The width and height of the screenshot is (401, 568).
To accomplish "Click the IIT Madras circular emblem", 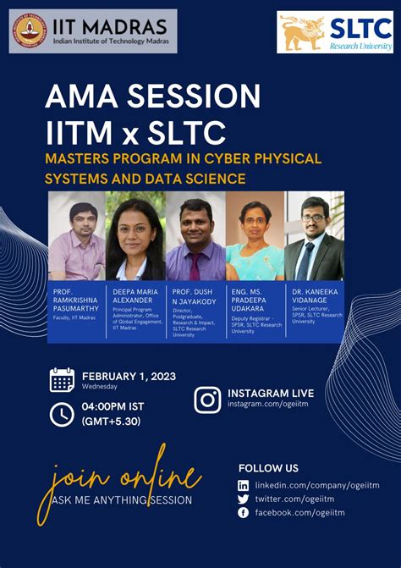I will (x=28, y=31).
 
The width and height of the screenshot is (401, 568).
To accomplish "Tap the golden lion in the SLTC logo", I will (x=302, y=31).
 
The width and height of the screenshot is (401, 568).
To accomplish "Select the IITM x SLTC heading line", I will (x=135, y=132).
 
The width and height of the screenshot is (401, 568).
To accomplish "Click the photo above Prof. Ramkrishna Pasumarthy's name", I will (x=77, y=235).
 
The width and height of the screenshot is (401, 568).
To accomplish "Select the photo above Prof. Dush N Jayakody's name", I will (x=195, y=235).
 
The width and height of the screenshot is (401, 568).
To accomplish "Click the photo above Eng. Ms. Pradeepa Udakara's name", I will (x=255, y=235).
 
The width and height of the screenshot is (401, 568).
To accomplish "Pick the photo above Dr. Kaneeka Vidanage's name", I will (x=313, y=235).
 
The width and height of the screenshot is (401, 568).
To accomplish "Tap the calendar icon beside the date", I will (x=63, y=379).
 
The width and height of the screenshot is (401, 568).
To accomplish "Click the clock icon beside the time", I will (x=63, y=414).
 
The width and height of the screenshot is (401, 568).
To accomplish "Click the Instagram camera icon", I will (x=207, y=400).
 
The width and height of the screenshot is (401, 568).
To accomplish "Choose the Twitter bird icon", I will (x=244, y=499).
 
